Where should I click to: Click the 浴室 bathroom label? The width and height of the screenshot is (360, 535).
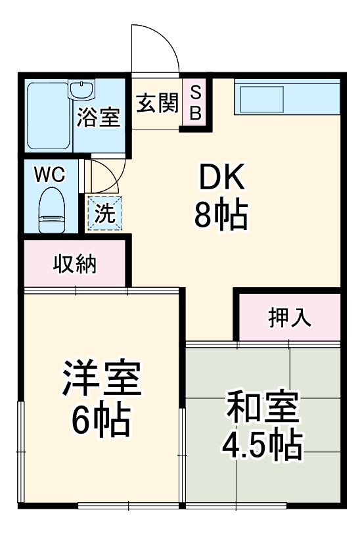(98, 118)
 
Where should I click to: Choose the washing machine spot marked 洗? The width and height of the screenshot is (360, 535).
(104, 213)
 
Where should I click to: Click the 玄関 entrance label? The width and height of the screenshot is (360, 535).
(157, 103)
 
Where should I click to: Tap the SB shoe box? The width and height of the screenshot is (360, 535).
(195, 103)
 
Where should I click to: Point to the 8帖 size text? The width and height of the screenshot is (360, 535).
(221, 214)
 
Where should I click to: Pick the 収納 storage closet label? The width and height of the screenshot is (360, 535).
(75, 264)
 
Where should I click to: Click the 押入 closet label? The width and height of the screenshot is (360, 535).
(289, 317)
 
